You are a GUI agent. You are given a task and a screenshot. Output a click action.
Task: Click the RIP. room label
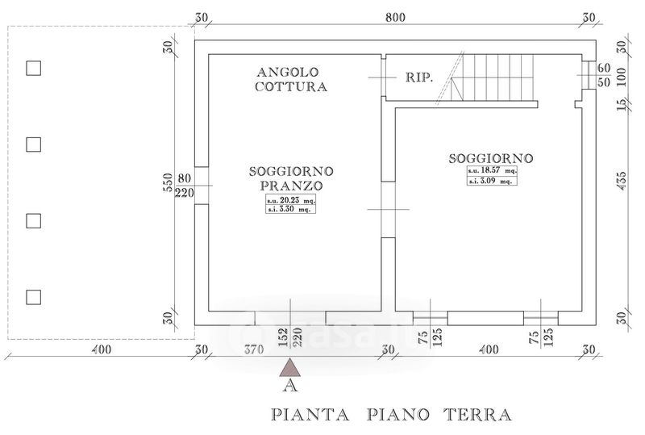419,77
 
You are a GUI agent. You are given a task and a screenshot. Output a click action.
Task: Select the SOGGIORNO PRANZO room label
291,178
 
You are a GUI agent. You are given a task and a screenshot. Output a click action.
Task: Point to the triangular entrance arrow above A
290,367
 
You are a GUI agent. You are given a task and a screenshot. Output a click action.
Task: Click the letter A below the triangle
290,386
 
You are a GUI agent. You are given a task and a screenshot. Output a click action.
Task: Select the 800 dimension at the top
395,17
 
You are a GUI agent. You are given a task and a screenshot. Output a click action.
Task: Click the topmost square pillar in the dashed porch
33,69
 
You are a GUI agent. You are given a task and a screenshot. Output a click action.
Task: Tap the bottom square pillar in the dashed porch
33,297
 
